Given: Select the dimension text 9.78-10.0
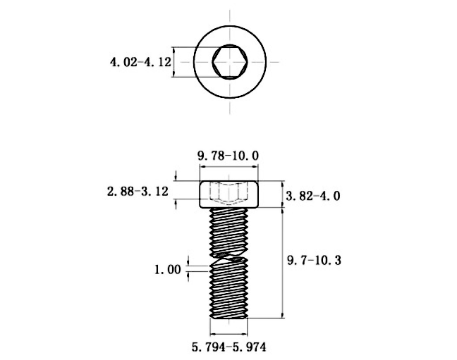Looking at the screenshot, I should (229, 154).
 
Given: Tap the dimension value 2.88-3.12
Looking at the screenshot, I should (135, 191).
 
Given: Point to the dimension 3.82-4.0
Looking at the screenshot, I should (313, 196).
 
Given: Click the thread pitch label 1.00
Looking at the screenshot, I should (168, 269).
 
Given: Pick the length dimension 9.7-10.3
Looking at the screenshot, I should (314, 261).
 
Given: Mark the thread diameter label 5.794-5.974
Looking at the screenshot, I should (229, 347).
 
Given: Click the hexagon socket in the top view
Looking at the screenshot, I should (229, 61).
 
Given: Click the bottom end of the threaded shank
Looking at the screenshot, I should (229, 316).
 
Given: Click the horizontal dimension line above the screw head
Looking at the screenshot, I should (229, 167).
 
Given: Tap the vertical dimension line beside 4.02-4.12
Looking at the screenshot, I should (174, 61).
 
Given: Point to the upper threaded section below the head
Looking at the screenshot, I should (229, 229).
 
